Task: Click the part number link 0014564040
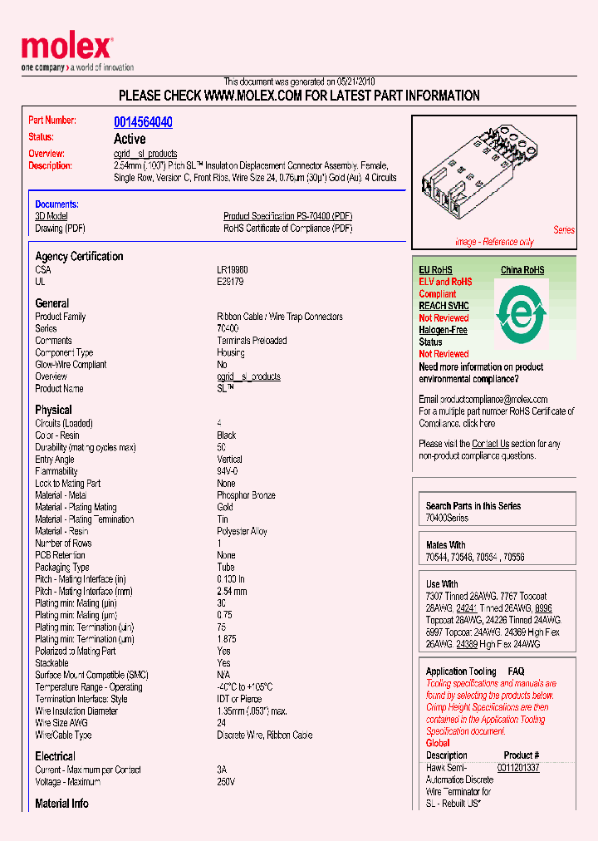coord(143,122)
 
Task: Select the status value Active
coord(130,139)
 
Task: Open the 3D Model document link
coord(51,216)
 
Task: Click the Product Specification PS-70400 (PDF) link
coord(287,216)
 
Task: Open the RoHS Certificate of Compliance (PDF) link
coord(287,229)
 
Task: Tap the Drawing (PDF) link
coord(60,229)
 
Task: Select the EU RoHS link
coord(435,270)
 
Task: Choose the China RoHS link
coord(522,270)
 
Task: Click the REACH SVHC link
coord(444,306)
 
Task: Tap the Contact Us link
coord(490,444)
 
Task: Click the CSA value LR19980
coord(232,270)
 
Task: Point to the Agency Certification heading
coord(79,257)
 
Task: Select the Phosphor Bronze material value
coord(246,495)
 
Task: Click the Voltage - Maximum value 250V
coord(226,782)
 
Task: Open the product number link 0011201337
coord(518,768)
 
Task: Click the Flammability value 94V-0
coord(228,471)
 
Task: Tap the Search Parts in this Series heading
coord(473,505)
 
